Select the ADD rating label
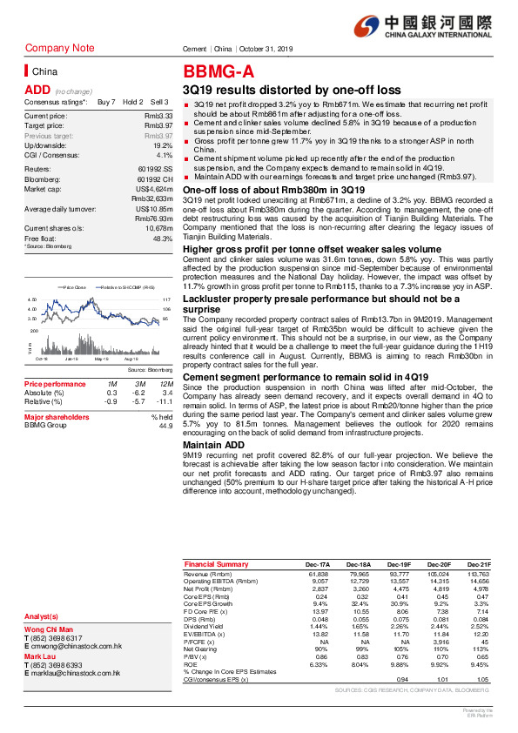[x=37, y=90]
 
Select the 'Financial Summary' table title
[x=216, y=565]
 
